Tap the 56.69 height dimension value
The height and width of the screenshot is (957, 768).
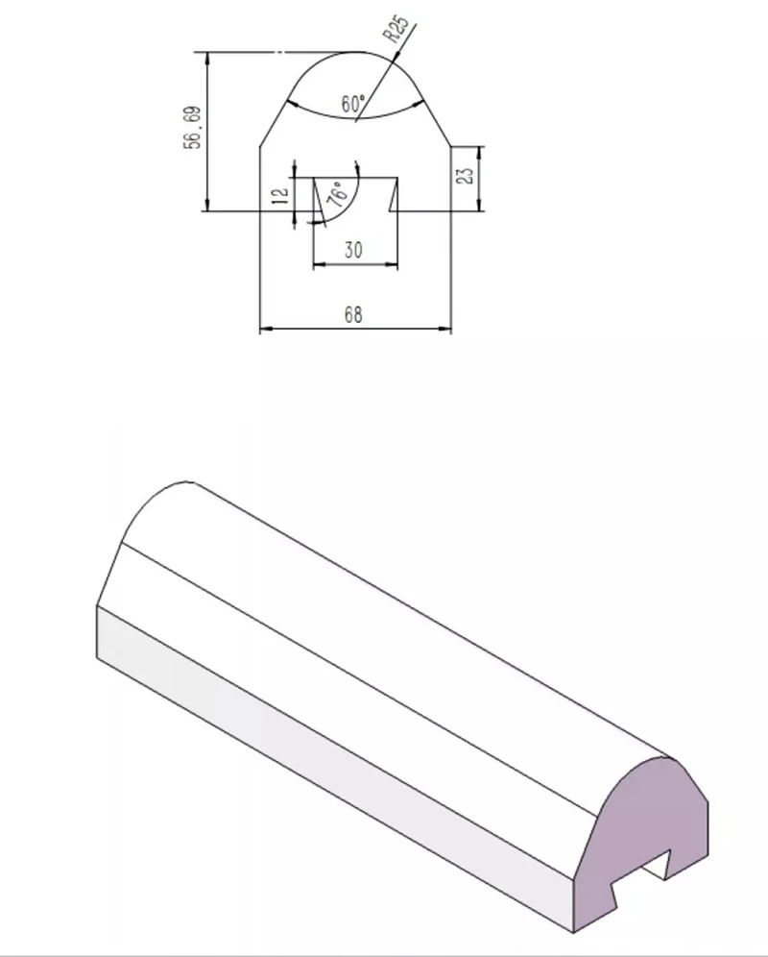click(x=192, y=128)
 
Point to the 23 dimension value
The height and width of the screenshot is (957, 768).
click(x=466, y=175)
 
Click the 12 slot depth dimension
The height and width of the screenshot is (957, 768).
click(x=279, y=196)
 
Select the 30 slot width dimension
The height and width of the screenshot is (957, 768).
click(x=353, y=250)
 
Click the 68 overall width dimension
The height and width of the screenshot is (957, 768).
click(x=353, y=315)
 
